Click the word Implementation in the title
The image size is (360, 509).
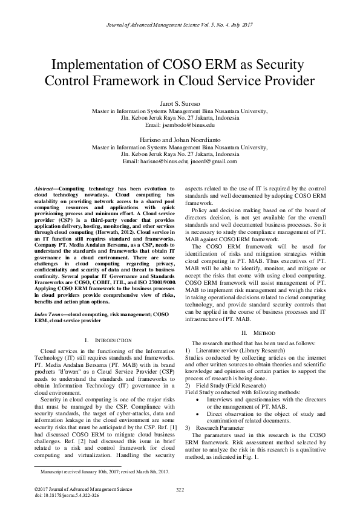99,65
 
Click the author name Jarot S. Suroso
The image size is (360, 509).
179,104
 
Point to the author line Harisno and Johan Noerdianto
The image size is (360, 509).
179,140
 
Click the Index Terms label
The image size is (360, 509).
50,315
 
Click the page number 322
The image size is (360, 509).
180,488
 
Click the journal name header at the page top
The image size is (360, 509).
180,25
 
